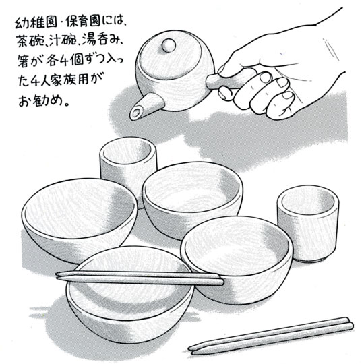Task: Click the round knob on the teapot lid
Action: [x=169, y=45]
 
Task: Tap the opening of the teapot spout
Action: [x=135, y=113]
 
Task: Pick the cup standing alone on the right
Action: [x=308, y=223]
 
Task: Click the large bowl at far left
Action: [x=79, y=219]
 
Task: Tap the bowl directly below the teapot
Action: [x=191, y=199]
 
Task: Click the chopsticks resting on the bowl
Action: [x=140, y=278]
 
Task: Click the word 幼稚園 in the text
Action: [x=36, y=23]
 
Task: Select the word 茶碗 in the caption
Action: [x=30, y=42]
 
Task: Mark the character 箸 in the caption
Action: [x=23, y=61]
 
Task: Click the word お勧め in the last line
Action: [x=40, y=100]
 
